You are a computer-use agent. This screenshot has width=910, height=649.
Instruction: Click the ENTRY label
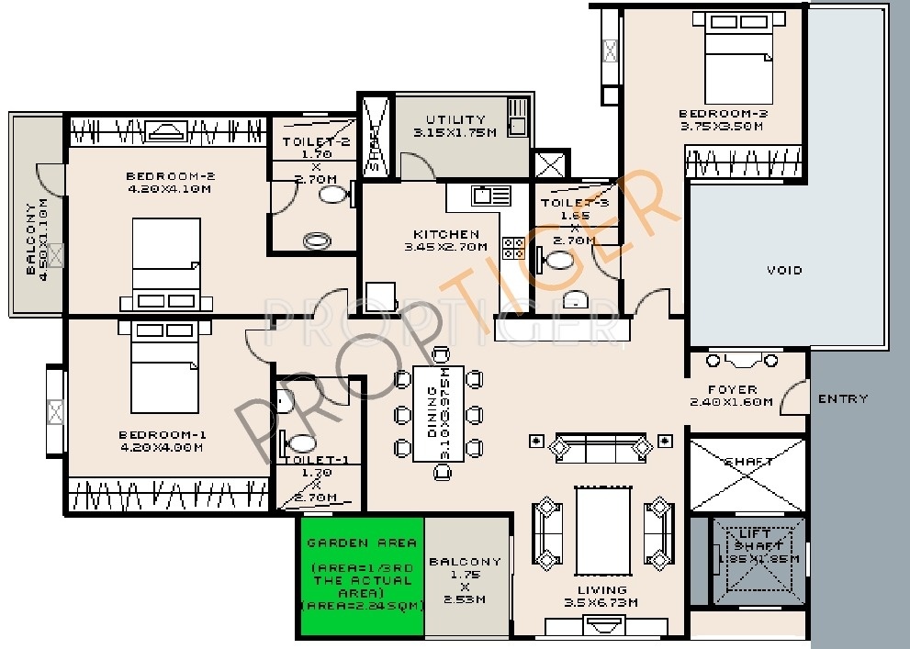click(842, 398)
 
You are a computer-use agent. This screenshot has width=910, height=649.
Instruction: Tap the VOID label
click(783, 270)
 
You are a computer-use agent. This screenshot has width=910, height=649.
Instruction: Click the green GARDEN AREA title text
click(361, 543)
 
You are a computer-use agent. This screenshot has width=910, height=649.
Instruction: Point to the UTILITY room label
click(455, 119)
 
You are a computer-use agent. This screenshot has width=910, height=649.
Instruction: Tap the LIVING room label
click(602, 589)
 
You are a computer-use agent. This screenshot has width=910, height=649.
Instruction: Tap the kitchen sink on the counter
click(490, 196)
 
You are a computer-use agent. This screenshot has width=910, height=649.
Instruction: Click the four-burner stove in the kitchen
click(512, 248)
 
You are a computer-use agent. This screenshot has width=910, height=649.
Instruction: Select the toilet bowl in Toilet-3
click(557, 261)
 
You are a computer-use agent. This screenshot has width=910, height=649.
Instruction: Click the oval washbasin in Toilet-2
click(318, 241)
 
